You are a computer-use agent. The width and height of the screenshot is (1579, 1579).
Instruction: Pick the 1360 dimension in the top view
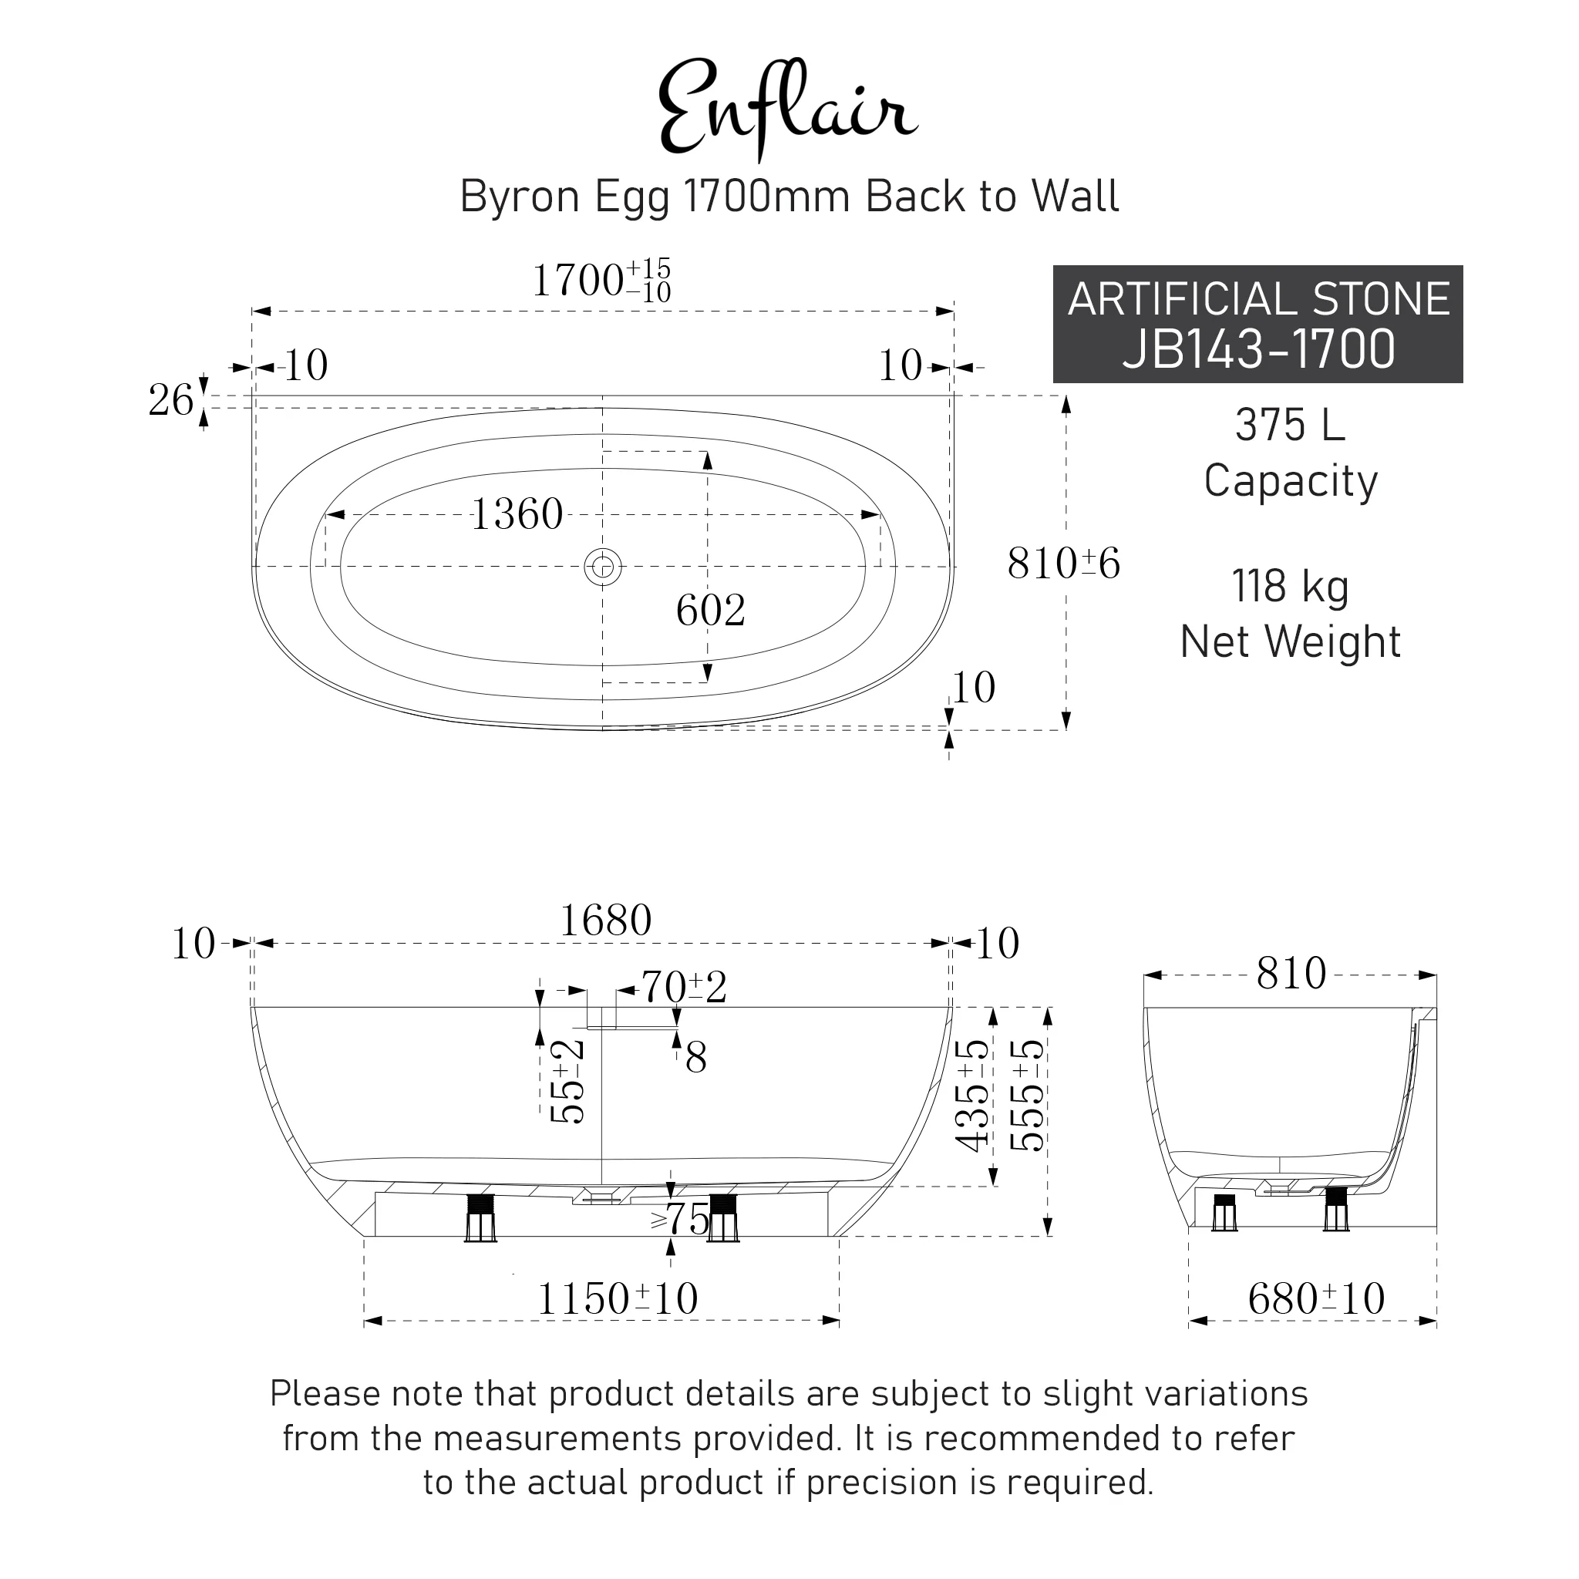click(517, 515)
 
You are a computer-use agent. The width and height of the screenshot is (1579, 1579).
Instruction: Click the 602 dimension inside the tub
click(710, 611)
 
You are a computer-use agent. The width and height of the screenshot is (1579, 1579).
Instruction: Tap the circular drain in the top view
click(603, 567)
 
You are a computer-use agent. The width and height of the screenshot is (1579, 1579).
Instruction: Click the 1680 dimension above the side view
click(605, 921)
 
